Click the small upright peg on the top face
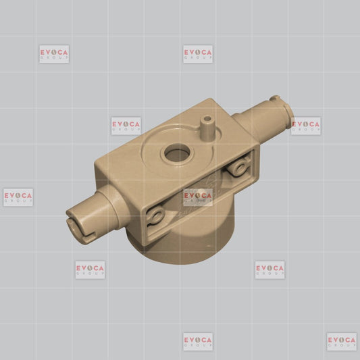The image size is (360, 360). pyautogui.click(x=207, y=128)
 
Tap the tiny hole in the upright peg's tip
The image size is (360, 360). pyautogui.click(x=207, y=119)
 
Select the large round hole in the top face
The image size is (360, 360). pyautogui.click(x=177, y=153)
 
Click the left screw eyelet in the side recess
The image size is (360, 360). pyautogui.click(x=155, y=215)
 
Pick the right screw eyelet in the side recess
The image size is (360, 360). pyautogui.click(x=239, y=167)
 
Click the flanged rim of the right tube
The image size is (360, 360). pyautogui.click(x=288, y=116)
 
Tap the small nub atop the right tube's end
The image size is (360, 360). pyautogui.click(x=275, y=98)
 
